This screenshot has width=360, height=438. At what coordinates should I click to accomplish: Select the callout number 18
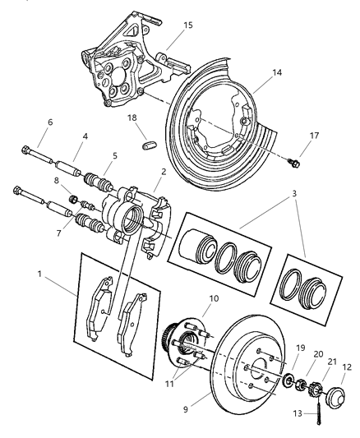[x=132, y=120]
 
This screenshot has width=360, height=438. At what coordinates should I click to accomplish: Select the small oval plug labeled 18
[x=148, y=147]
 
